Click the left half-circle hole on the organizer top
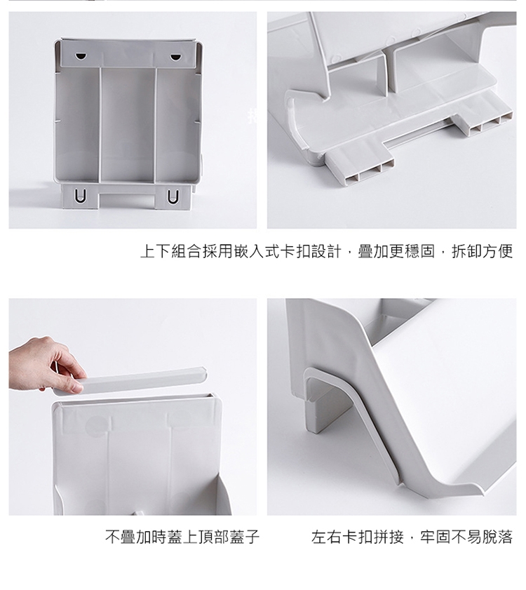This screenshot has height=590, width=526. pos(81,56)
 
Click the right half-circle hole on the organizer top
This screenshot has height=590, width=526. pos(175,58)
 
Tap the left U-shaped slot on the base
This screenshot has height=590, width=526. pos(80,196)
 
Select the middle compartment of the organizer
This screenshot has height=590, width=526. pos(128,124)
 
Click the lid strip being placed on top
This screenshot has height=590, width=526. pos(130,382)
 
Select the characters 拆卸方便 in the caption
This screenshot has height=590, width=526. pos(482,251)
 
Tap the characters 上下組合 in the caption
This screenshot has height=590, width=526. pos(171,251)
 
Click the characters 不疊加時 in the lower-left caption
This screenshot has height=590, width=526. pos(136,537)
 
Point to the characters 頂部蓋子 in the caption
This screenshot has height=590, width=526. pos(229,537)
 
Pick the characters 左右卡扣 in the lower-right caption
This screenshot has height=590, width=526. pos(342,537)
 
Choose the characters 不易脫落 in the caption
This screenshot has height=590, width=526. pos(482,537)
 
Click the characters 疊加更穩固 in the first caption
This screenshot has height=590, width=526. pos(396,251)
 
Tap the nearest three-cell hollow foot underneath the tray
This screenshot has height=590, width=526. pos(359,166)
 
